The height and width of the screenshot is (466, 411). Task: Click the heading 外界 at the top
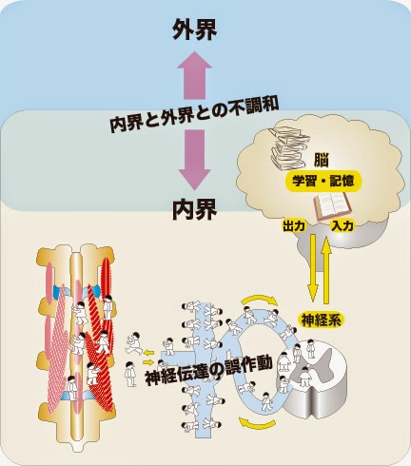click(x=194, y=29)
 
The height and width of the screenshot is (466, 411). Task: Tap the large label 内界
click(x=194, y=209)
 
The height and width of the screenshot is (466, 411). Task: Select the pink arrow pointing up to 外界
click(x=194, y=75)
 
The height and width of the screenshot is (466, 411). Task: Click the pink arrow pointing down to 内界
click(x=194, y=160)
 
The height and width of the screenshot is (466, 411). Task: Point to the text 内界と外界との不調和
click(x=194, y=115)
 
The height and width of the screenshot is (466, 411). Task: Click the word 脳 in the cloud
click(x=321, y=160)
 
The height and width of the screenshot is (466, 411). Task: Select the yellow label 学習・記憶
click(x=323, y=182)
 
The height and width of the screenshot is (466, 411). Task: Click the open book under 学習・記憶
click(x=333, y=206)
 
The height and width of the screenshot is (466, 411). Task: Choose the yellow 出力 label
click(x=294, y=226)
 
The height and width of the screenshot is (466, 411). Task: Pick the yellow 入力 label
click(x=342, y=226)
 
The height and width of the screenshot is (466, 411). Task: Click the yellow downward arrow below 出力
click(x=313, y=268)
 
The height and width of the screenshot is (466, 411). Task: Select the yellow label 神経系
click(x=322, y=320)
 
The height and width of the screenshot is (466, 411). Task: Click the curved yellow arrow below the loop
click(x=257, y=424)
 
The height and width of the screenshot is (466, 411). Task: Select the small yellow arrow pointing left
click(x=148, y=352)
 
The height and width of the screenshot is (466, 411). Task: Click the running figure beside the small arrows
click(x=134, y=342)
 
